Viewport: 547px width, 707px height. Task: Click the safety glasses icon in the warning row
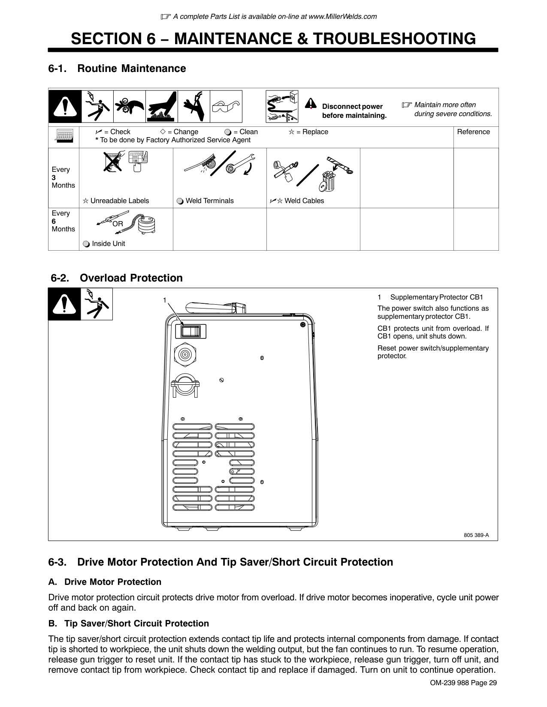tap(226, 107)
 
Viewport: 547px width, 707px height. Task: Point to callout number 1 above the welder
tap(164, 300)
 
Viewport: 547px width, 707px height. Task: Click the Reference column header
tap(473, 132)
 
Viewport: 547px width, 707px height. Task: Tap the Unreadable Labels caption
tap(116, 201)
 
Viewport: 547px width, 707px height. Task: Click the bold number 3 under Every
tap(54, 177)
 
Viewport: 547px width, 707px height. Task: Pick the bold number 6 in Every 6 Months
tap(54, 221)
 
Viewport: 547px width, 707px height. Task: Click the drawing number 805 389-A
tap(476, 535)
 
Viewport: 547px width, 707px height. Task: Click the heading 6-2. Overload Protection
tap(117, 278)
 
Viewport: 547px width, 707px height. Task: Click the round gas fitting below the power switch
tap(185, 355)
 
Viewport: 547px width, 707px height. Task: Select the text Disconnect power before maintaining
tap(354, 111)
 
